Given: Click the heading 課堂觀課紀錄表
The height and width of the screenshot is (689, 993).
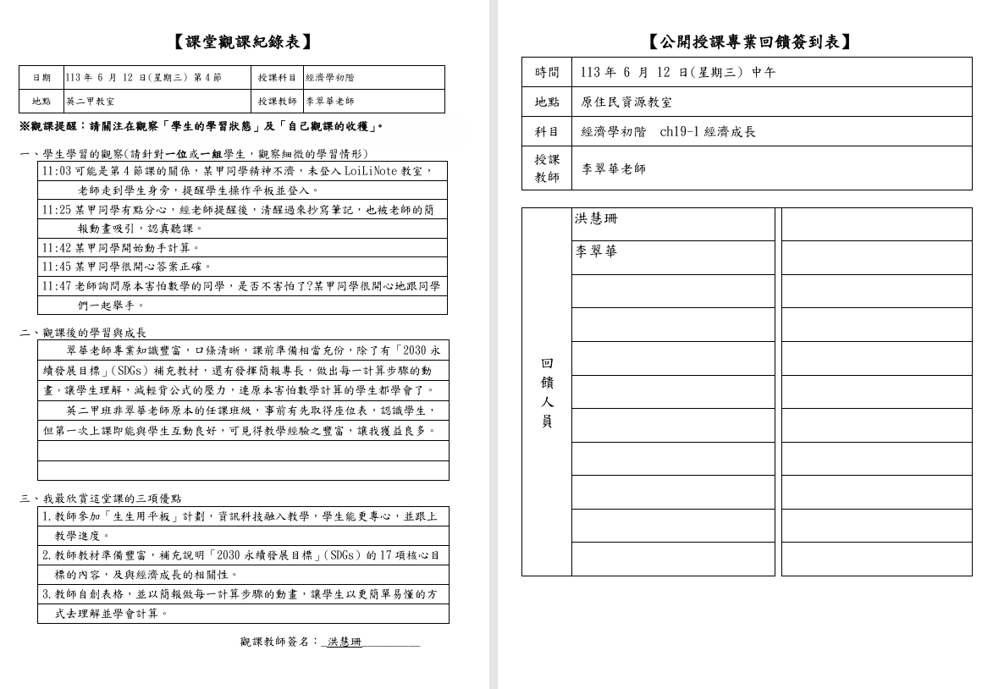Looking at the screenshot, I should tap(243, 41).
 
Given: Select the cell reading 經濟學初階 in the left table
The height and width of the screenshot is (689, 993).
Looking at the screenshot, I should tap(330, 78).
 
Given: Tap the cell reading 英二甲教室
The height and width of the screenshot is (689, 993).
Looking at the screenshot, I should tap(91, 102).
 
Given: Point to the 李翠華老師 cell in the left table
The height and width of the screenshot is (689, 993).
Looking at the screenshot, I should tap(330, 102).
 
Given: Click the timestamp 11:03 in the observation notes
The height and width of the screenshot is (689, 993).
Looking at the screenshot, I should tap(57, 171).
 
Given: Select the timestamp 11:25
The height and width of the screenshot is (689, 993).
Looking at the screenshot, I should tap(57, 209).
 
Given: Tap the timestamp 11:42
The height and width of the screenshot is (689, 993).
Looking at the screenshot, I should tap(57, 248).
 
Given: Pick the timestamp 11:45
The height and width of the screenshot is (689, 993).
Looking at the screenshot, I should tap(57, 267).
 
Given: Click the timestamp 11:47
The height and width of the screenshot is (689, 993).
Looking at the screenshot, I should tap(57, 286).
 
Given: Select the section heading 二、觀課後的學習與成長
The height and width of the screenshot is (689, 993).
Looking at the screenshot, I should tap(83, 333).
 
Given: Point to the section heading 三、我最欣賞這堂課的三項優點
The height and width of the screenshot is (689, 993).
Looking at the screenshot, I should tap(101, 499).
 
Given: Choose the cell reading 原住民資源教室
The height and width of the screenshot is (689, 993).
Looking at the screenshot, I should tap(626, 102).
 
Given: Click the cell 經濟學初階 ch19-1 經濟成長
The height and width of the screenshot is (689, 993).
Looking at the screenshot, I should tap(669, 132).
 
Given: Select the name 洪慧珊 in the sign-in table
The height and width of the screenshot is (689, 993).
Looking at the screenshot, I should tap(597, 219).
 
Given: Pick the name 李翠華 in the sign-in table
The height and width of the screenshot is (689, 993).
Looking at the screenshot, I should tap(597, 252).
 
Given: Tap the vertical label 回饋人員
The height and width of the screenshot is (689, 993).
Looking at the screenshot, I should tap(547, 392).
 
